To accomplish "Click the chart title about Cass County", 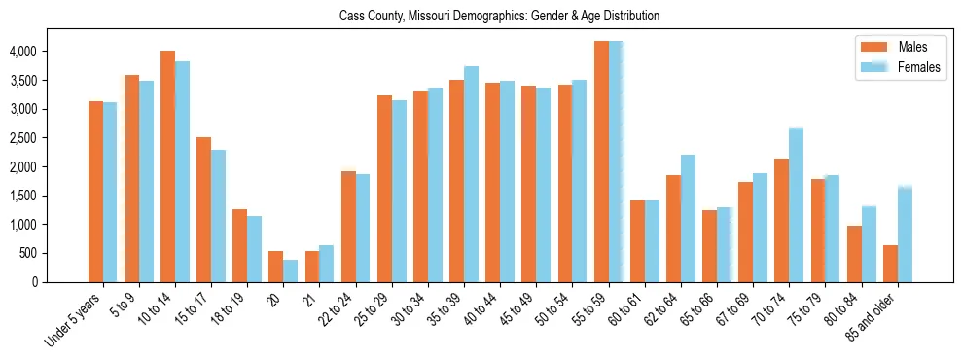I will [499, 17].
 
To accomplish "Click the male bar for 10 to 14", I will [167, 166].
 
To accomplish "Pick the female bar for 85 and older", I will [905, 234].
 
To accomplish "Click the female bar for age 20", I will [291, 270].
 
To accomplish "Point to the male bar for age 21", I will [312, 267].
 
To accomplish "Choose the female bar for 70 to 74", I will [796, 205].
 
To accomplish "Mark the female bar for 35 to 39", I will [471, 174].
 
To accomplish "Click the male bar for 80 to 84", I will [854, 254].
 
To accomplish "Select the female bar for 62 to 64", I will [688, 218].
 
